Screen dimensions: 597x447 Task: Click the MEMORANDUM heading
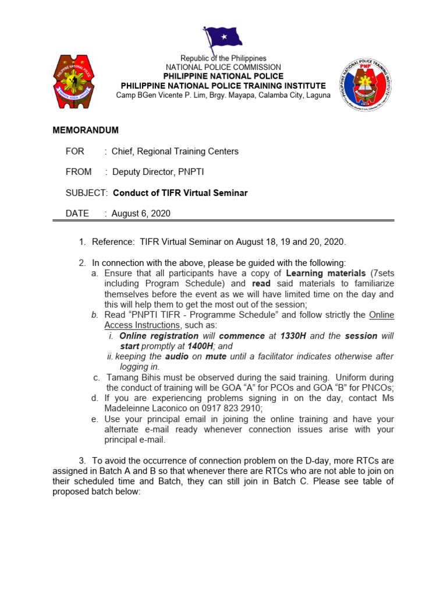pos(86,130)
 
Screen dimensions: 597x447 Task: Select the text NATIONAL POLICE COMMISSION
pos(223,68)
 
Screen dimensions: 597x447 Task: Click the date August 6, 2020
pos(141,213)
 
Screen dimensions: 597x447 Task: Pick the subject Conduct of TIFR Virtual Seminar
pos(180,193)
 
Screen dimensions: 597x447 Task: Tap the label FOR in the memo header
pos(75,151)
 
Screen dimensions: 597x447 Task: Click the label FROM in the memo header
pos(79,172)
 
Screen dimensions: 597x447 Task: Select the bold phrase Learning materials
pos(326,273)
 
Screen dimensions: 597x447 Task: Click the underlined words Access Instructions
pos(142,325)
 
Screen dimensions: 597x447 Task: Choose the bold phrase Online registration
pos(159,336)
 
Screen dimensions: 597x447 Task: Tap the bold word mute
pos(215,356)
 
